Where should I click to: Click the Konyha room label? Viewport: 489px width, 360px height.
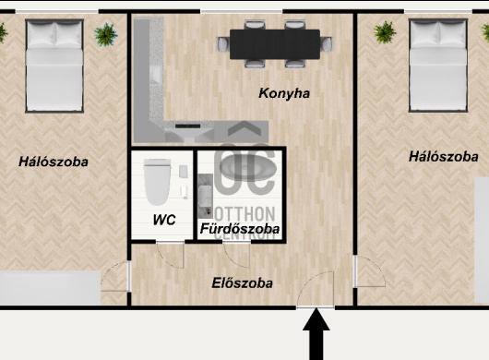click(x=284, y=93)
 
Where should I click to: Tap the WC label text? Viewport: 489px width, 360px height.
click(x=164, y=220)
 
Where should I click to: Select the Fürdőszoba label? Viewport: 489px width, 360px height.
click(x=240, y=229)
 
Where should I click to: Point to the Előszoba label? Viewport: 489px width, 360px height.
click(x=243, y=283)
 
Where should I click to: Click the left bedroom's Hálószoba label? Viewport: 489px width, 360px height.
click(x=54, y=162)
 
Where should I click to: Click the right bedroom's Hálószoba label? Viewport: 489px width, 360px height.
click(x=444, y=156)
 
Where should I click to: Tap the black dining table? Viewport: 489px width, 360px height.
click(x=275, y=44)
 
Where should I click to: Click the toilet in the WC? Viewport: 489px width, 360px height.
click(x=157, y=182)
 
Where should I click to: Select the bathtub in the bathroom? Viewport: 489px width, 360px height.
click(x=248, y=168)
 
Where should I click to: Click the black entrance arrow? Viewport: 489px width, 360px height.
click(x=316, y=334)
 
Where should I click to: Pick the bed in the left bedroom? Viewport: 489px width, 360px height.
click(x=54, y=66)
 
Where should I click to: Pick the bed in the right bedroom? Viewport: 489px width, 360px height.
click(x=438, y=66)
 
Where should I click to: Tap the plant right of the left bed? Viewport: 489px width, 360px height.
click(x=106, y=34)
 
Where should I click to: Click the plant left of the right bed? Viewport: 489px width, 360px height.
click(x=385, y=32)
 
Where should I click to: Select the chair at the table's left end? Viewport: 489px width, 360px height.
click(x=222, y=44)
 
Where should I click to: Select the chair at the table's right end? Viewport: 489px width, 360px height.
click(x=327, y=44)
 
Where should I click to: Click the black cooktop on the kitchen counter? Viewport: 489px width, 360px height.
click(x=187, y=126)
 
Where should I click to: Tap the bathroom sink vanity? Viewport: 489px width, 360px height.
click(x=205, y=196)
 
